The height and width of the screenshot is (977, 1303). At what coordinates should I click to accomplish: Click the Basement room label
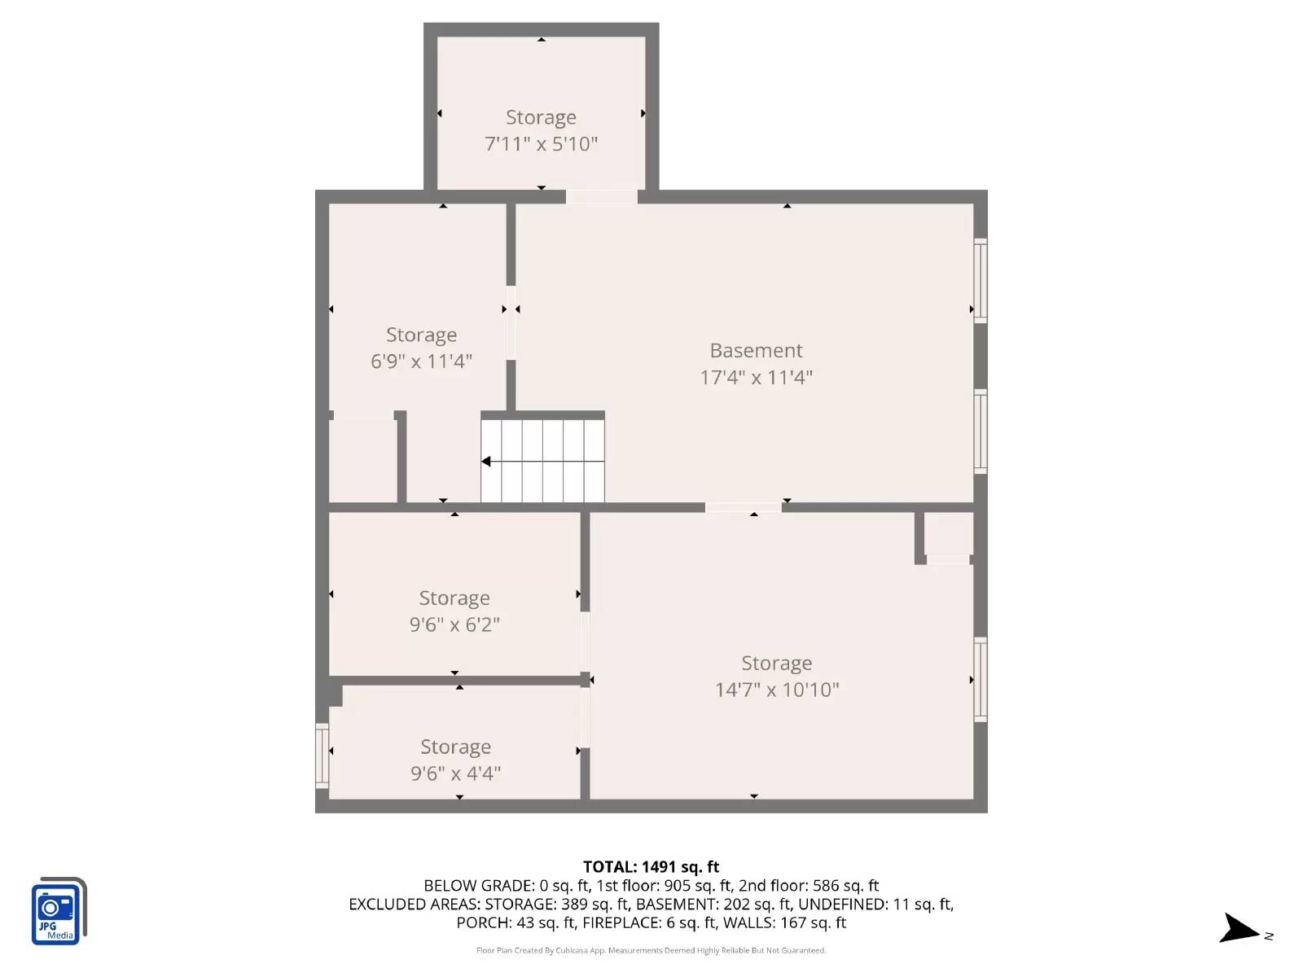[x=756, y=350]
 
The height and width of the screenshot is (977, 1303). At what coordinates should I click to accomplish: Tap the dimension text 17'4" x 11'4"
[x=756, y=377]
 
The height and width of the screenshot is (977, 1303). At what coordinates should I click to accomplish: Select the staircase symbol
[x=543, y=462]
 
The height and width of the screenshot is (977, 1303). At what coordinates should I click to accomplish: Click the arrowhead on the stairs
[x=486, y=462]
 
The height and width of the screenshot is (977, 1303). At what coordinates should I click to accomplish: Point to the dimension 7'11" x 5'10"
[x=541, y=144]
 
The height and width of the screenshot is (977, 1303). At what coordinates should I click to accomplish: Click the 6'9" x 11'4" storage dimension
[x=421, y=361]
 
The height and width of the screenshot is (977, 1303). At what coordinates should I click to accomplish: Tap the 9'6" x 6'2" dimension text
[x=454, y=624]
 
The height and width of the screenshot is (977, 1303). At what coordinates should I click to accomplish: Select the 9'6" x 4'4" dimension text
[x=455, y=773]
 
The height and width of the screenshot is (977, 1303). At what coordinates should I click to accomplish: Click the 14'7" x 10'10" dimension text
[x=777, y=690]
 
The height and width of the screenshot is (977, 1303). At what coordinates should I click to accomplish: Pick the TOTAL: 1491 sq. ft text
[x=651, y=867]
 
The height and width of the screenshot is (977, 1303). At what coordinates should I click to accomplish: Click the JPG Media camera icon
[x=58, y=912]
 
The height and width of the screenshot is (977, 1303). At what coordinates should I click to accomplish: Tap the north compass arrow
[x=1240, y=929]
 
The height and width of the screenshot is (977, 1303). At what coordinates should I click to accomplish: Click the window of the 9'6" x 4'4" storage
[x=322, y=756]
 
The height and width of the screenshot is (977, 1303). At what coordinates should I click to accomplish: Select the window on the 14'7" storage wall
[x=981, y=679]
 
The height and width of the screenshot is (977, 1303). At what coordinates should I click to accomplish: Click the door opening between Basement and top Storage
[x=601, y=197]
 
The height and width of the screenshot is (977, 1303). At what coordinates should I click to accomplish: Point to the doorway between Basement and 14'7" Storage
[x=743, y=508]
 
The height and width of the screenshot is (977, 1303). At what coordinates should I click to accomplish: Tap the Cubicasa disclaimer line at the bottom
[x=651, y=950]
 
